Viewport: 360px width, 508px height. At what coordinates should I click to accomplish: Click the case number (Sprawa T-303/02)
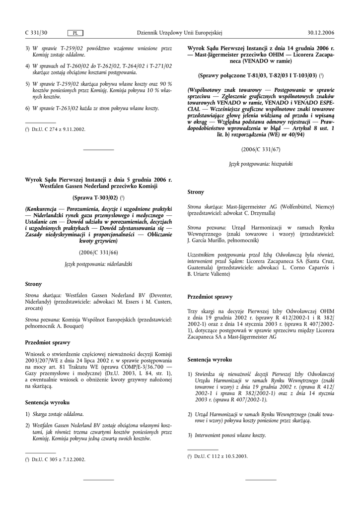click(x=97, y=197)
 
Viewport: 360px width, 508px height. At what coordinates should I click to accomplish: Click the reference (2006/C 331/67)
click(x=261, y=149)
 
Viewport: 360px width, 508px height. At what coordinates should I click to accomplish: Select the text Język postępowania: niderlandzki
click(x=98, y=264)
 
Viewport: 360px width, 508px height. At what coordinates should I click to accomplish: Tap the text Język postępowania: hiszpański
click(x=261, y=163)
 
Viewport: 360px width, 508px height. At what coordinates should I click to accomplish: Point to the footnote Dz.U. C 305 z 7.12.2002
click(x=58, y=459)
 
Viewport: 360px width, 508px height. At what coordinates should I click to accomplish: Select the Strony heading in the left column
click(x=33, y=284)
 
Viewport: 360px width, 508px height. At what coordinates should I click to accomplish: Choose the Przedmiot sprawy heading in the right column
click(x=210, y=297)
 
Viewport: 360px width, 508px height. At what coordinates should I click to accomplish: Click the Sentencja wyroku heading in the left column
click(x=47, y=402)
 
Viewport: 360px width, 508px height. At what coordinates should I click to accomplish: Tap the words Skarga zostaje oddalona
click(x=58, y=414)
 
